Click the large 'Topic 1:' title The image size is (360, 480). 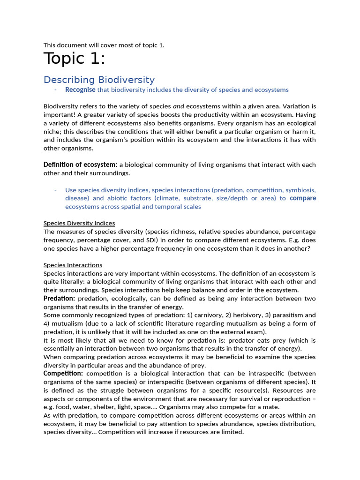click(75, 59)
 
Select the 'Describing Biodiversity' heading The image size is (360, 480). click(99, 80)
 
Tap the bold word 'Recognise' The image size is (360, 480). click(80, 90)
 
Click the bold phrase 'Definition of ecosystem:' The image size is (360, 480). click(80, 165)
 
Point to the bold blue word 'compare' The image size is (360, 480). click(303, 198)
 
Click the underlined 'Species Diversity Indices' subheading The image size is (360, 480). click(79, 223)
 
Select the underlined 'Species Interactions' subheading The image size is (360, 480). click(73, 265)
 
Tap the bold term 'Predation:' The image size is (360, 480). click(59, 298)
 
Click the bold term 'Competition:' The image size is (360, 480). click(63, 373)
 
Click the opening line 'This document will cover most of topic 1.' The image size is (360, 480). click(104, 45)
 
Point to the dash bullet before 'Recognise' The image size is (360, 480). click(55, 90)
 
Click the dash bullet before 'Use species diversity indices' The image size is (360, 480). click(55, 190)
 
